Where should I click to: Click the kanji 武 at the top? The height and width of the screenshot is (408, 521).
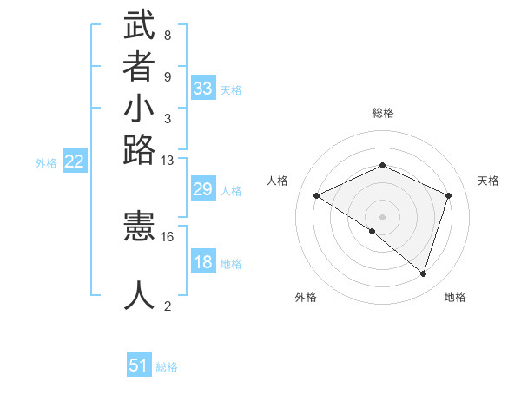[x=140, y=26]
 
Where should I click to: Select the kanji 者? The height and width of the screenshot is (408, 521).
[x=140, y=68]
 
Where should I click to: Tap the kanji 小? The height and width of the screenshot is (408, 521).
[x=140, y=109]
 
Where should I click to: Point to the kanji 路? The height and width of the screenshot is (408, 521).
[x=140, y=151]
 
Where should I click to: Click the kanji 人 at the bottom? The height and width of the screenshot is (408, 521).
[x=140, y=295]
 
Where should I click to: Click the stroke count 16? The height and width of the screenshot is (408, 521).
[x=168, y=236]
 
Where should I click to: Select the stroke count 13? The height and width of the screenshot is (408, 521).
[x=168, y=160]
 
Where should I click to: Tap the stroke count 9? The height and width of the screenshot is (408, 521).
[x=168, y=76]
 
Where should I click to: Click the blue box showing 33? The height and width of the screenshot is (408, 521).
[x=203, y=89]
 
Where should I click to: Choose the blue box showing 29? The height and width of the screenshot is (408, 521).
[x=203, y=189]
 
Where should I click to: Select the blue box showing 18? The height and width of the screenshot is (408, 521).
[x=203, y=262]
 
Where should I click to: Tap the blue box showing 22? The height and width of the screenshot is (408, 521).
[x=76, y=161]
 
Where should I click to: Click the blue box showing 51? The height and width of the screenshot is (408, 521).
[x=139, y=365]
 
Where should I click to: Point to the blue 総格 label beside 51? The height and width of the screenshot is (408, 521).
[x=168, y=367]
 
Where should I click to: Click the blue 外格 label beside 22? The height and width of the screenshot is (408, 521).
[x=46, y=162]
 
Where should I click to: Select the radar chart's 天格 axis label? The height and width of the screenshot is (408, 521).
[x=489, y=181]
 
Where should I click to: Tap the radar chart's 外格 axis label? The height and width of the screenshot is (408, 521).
[x=306, y=297]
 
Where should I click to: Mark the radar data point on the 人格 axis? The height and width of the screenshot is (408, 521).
[x=317, y=196]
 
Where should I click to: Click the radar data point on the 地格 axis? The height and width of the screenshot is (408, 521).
[x=423, y=273]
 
